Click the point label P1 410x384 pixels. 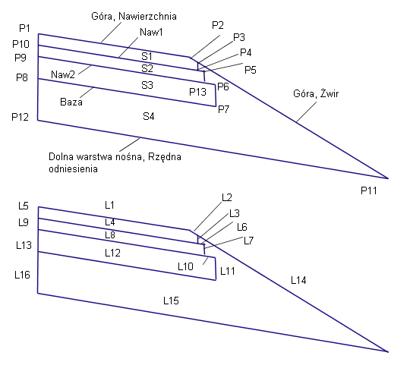click(24, 28)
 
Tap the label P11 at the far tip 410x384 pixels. click(369, 190)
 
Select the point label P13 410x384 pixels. click(197, 92)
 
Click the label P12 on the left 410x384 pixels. click(20, 117)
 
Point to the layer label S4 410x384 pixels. click(149, 116)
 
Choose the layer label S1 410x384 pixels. click(147, 56)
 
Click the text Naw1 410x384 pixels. click(151, 33)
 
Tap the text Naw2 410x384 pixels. click(63, 75)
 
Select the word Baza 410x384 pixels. click(71, 102)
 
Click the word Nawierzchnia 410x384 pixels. click(148, 17)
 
